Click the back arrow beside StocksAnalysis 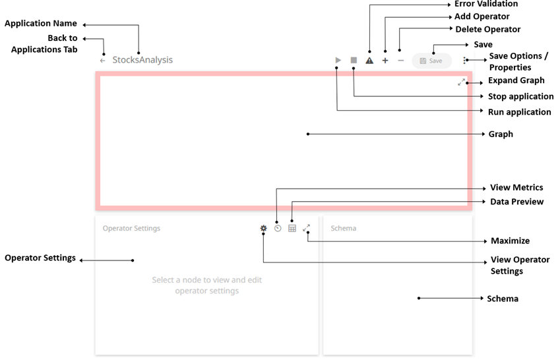(102, 60)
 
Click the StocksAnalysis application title (142, 60)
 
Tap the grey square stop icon (354, 60)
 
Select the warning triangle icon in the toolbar (369, 60)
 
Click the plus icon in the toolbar (385, 60)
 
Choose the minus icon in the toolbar (400, 60)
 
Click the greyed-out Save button (432, 61)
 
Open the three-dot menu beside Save (464, 60)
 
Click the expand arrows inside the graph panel (462, 82)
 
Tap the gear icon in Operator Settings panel (263, 228)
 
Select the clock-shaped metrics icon (278, 228)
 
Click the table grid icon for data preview (292, 228)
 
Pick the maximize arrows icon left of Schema (307, 228)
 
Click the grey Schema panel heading (343, 228)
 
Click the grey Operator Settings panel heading (131, 228)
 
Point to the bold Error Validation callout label (486, 5)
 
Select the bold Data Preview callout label (516, 202)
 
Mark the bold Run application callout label (519, 112)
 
